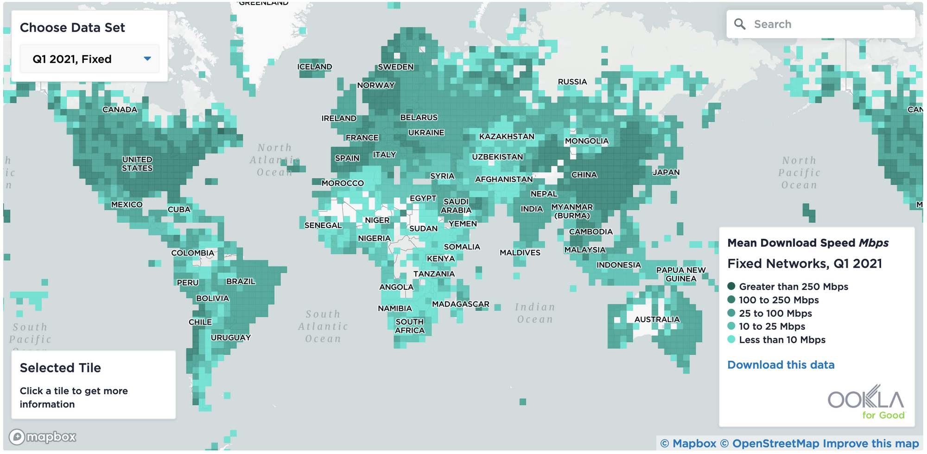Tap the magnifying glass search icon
740,24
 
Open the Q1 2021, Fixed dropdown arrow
147,59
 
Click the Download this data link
781,365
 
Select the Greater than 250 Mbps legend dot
731,286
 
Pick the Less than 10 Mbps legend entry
782,340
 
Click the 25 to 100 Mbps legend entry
775,313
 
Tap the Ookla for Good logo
866,402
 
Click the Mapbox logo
43,437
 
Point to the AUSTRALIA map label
657,320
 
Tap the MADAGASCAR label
460,304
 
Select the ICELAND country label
315,67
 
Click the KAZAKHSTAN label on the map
507,137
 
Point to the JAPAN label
666,173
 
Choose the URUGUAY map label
231,338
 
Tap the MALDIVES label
520,253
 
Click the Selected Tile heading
60,368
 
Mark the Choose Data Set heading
72,28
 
